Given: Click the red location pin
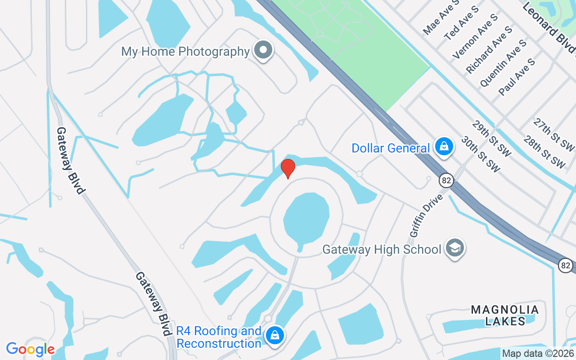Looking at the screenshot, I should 288,168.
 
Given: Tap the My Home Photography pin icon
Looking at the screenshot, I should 264,50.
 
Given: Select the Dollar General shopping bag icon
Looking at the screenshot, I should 444,147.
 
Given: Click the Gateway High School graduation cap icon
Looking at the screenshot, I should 455,248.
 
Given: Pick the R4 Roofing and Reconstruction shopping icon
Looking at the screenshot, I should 274,336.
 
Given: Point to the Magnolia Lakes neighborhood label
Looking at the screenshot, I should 504,315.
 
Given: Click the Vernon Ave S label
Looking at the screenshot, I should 476,36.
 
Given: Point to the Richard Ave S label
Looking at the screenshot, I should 490,49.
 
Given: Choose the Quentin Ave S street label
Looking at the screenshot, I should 504,63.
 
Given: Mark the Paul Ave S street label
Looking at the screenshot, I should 517,76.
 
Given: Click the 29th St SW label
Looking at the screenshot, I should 492,139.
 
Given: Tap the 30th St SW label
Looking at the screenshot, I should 481,154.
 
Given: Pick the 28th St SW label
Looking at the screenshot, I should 544,152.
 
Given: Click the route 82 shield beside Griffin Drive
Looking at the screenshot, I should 446,180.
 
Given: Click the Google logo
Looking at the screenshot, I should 31,349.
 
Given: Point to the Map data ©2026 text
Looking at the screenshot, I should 538,354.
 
